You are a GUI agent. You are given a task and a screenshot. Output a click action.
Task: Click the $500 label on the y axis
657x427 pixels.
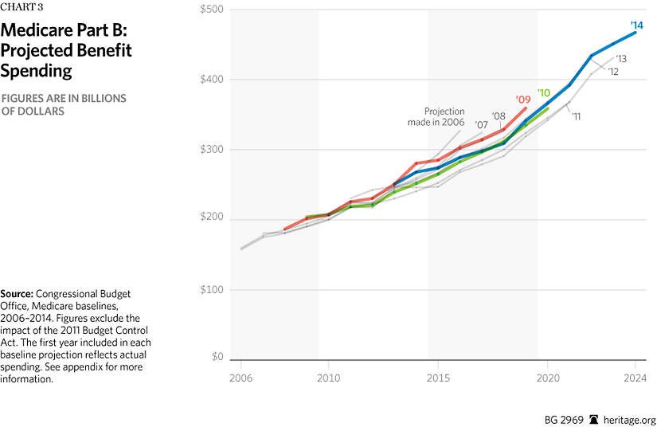tap(212, 10)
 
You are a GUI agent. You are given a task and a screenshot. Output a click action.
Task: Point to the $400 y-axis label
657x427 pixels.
tap(212, 80)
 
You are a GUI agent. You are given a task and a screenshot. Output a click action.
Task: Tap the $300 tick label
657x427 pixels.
tap(212, 149)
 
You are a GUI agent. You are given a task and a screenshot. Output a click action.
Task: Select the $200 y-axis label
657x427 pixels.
tap(212, 219)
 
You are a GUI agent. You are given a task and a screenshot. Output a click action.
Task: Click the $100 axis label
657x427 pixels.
tap(213, 289)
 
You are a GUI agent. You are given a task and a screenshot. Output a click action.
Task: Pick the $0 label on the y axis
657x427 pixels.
tap(216, 358)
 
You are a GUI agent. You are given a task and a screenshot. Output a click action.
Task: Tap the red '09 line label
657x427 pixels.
tap(522, 100)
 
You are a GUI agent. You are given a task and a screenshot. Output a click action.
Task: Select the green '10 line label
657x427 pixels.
tap(544, 93)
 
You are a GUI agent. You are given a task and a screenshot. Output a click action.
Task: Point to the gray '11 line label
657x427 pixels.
tap(575, 116)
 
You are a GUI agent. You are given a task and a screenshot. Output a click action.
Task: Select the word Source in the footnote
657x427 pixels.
tap(18, 294)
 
